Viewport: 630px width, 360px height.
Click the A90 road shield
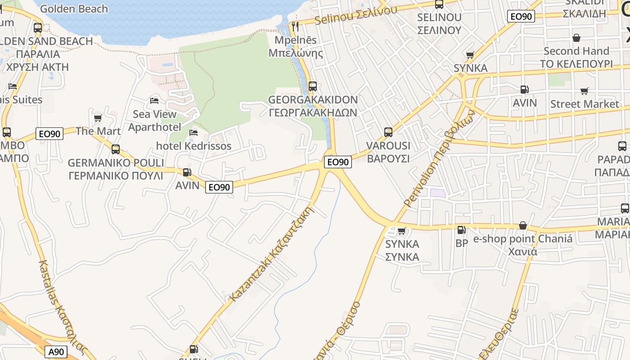pyautogui.click(x=57, y=351)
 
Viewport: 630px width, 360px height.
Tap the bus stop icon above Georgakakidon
pyautogui.click(x=312, y=86)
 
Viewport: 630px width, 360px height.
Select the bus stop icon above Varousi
pyautogui.click(x=388, y=132)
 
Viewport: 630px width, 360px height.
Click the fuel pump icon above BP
pyautogui.click(x=461, y=230)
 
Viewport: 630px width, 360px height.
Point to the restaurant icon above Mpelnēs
pyautogui.click(x=295, y=27)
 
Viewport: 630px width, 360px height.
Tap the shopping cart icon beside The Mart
pyautogui.click(x=98, y=118)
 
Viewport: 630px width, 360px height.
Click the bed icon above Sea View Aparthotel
pyautogui.click(x=154, y=100)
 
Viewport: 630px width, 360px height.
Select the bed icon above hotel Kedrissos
pyautogui.click(x=193, y=132)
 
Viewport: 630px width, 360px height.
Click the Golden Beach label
pyautogui.click(x=74, y=9)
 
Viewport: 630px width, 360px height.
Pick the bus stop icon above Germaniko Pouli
pyautogui.click(x=116, y=149)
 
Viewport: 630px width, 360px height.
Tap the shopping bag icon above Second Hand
pyautogui.click(x=576, y=38)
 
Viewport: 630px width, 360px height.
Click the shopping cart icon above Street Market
pyautogui.click(x=585, y=91)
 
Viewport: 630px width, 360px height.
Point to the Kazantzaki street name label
pyautogui.click(x=271, y=254)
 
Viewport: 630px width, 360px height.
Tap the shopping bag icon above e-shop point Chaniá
pyautogui.click(x=523, y=225)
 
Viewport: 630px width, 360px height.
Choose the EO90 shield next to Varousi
pyautogui.click(x=337, y=162)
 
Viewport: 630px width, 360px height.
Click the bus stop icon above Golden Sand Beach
pyautogui.click(x=38, y=27)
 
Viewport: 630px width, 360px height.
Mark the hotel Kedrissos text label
pyautogui.click(x=193, y=146)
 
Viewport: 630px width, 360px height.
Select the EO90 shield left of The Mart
pyautogui.click(x=49, y=133)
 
